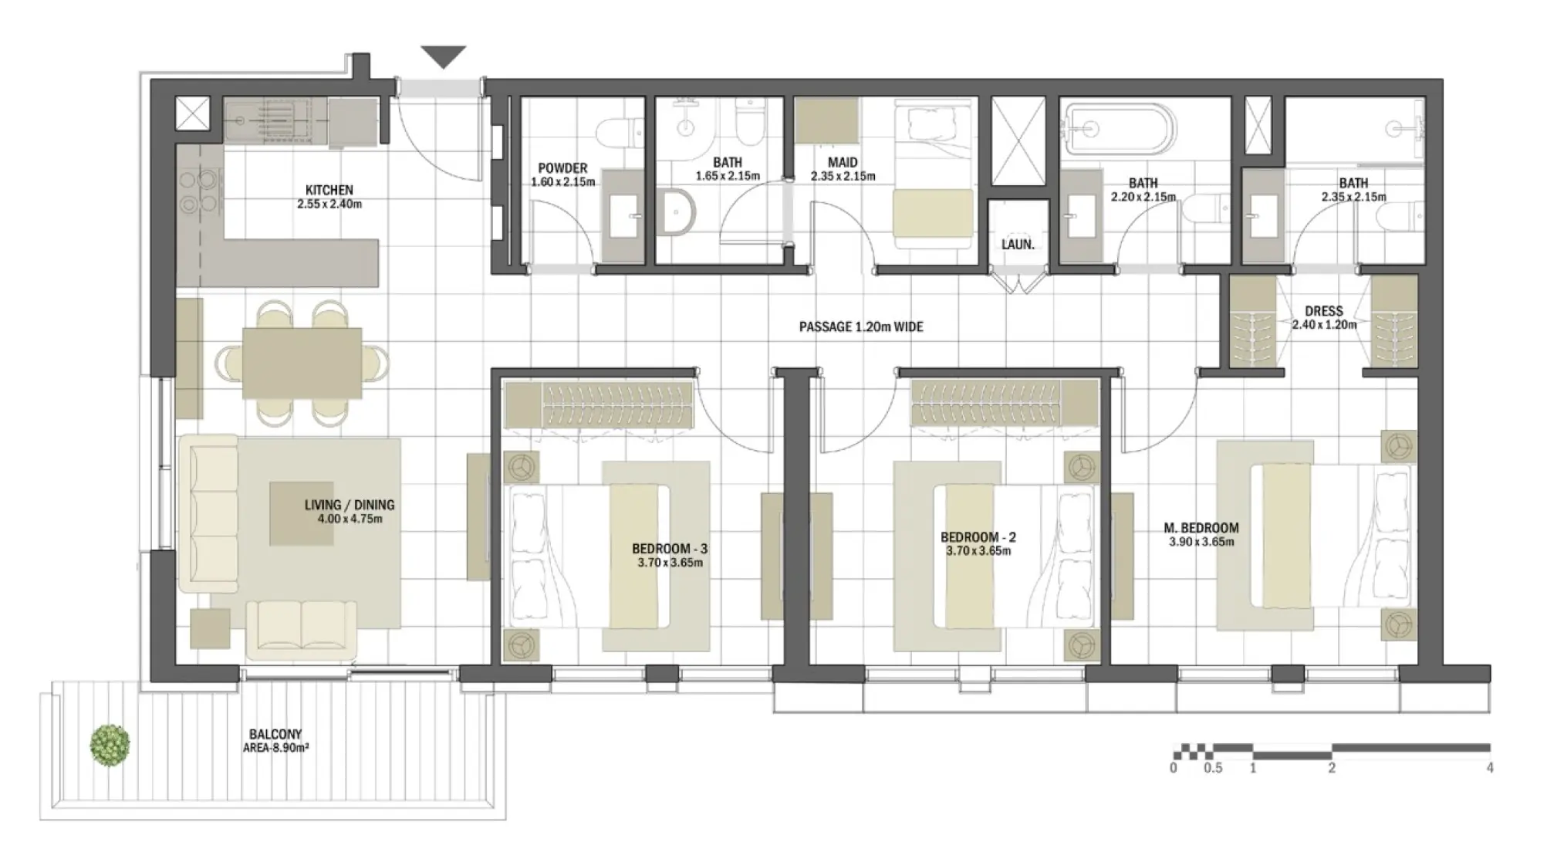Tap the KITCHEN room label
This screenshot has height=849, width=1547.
(x=329, y=190)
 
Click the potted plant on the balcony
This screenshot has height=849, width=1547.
(x=110, y=745)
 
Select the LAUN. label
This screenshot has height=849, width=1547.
(x=1018, y=245)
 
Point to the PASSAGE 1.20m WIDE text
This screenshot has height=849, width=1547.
(x=861, y=327)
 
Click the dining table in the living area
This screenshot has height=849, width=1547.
(x=302, y=363)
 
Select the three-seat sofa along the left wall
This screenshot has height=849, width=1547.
(x=208, y=514)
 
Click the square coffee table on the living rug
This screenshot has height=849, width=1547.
(x=301, y=513)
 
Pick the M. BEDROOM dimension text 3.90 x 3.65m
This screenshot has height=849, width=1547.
(x=1201, y=543)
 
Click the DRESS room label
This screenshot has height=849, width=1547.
(x=1323, y=311)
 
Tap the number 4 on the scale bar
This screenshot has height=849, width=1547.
(x=1489, y=768)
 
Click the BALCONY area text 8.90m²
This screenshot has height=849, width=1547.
(x=275, y=748)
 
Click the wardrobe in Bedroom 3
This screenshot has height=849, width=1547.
(x=600, y=404)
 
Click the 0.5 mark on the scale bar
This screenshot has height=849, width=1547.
(x=1214, y=768)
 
